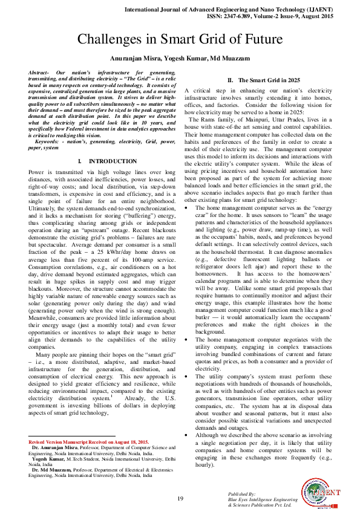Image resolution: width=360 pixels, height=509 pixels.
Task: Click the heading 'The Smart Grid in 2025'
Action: click(x=263, y=80)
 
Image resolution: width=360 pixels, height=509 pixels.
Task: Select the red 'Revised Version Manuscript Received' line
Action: click(x=88, y=442)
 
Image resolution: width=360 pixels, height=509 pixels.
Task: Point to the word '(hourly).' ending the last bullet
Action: click(x=206, y=464)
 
